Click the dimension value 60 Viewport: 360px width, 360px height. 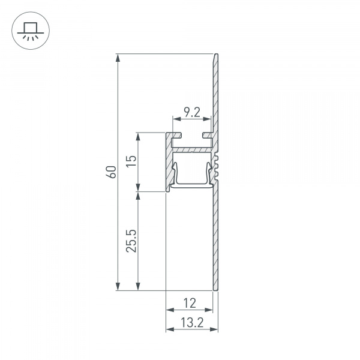coord(110,172)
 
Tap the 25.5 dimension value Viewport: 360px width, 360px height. coord(131,241)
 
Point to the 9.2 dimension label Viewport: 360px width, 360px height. coord(191,112)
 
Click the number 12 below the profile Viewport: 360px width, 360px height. coord(190,302)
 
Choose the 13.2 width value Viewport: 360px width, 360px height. coord(191,322)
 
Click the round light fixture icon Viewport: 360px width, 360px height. coord(28,28)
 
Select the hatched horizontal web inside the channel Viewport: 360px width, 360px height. coord(192,147)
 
